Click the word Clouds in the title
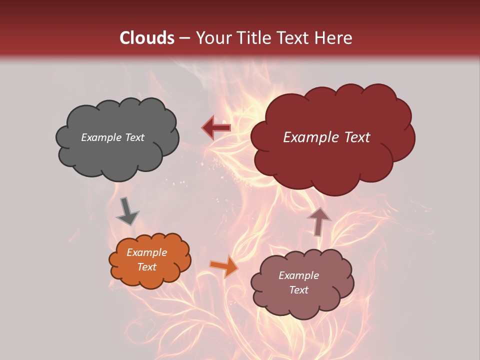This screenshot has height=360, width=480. point(146,38)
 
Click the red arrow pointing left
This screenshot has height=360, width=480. point(216,127)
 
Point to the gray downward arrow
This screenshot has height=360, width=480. point(127,211)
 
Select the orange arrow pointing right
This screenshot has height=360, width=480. point(224,266)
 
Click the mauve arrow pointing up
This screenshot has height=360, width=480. point(319,220)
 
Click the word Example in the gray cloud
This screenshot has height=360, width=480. point(101,137)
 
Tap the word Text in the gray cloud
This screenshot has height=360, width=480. point(134,137)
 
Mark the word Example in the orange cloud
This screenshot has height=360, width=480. point(146,252)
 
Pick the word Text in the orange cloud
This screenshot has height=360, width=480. point(146,267)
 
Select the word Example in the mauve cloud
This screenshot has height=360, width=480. point(298,275)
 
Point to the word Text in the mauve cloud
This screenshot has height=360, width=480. point(298,290)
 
